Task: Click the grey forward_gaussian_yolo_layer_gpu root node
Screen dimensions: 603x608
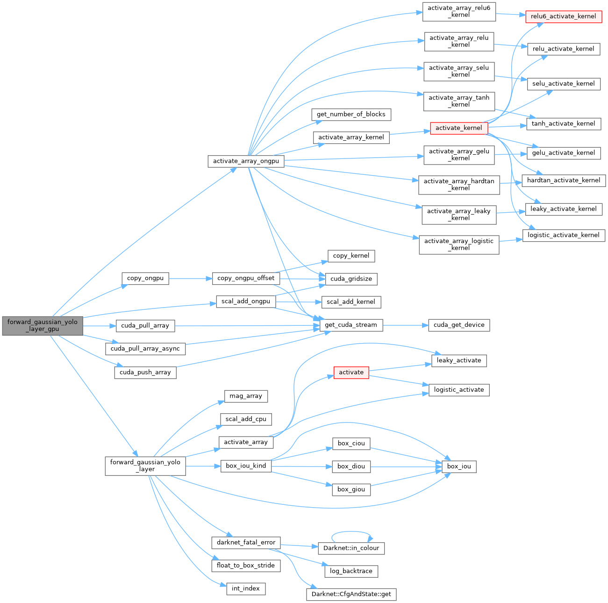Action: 43,325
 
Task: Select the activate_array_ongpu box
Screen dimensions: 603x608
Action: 246,161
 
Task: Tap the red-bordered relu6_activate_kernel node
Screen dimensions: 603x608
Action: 563,16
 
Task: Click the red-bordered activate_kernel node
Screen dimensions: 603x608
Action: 458,128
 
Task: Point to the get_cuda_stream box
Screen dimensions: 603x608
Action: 350,325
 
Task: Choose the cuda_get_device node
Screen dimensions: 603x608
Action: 459,325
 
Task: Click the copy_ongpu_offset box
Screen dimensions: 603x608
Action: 246,278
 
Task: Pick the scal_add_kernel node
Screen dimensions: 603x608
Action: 350,302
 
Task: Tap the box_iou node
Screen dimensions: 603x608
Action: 459,466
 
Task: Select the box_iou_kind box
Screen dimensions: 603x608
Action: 246,466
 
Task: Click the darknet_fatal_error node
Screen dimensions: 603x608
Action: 246,543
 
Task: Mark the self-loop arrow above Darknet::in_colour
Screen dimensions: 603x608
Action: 352,532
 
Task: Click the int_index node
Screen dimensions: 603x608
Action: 246,589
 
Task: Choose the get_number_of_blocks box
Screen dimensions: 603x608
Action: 351,115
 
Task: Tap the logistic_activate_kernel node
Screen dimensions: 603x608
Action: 563,235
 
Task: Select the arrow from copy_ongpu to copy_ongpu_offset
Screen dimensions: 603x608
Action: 190,279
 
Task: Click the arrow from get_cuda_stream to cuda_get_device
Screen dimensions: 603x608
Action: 405,325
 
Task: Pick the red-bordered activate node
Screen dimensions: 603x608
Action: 351,373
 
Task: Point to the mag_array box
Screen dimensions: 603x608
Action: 246,396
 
